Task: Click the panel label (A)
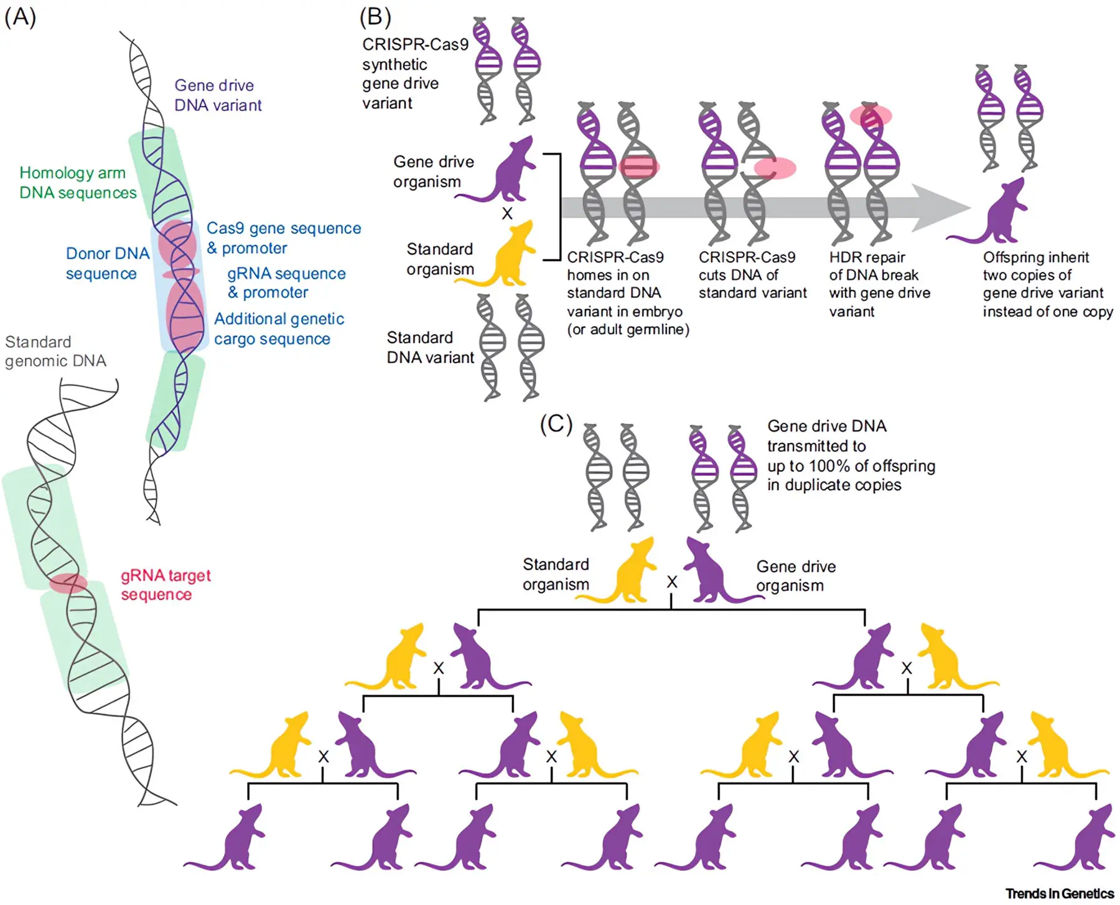pyautogui.click(x=20, y=17)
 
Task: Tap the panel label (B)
pyautogui.click(x=375, y=17)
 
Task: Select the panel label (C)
pyautogui.click(x=556, y=424)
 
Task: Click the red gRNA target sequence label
pyautogui.click(x=166, y=585)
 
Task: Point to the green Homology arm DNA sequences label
pyautogui.click(x=78, y=182)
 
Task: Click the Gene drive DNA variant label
pyautogui.click(x=218, y=95)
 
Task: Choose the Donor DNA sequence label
pyautogui.click(x=107, y=263)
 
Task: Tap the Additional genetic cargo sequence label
pyautogui.click(x=279, y=328)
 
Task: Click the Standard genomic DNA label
pyautogui.click(x=55, y=351)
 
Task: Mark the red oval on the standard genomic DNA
pyautogui.click(x=68, y=583)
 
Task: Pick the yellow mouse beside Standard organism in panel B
pyautogui.click(x=505, y=255)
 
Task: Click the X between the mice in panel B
pyautogui.click(x=507, y=213)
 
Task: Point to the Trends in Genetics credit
pyautogui.click(x=1059, y=893)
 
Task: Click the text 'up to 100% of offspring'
pyautogui.click(x=851, y=466)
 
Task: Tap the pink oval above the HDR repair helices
pyautogui.click(x=871, y=116)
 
